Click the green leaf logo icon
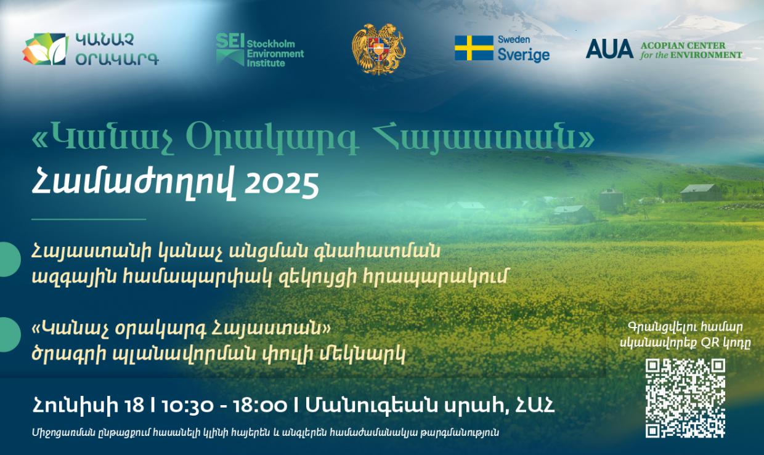click(46, 49)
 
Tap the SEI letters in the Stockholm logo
click(230, 41)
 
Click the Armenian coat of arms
click(378, 49)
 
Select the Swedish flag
click(474, 48)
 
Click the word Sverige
click(524, 55)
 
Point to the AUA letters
click(609, 49)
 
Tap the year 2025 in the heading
click(282, 186)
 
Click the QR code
click(686, 398)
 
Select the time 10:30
click(187, 406)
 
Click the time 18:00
click(259, 406)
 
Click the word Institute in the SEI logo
click(266, 63)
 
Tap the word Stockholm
click(271, 44)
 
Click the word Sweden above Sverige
click(514, 39)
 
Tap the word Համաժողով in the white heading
click(133, 185)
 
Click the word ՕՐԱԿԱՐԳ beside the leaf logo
click(117, 59)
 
